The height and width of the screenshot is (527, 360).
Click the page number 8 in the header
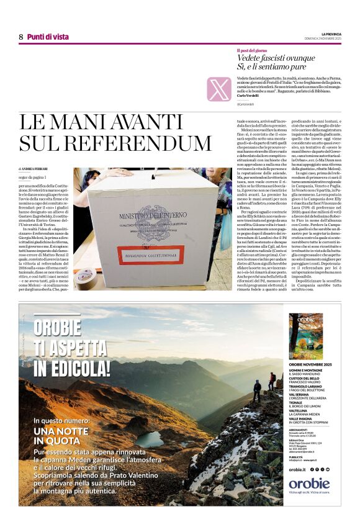point(21,37)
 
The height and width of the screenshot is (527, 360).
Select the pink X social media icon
point(219,89)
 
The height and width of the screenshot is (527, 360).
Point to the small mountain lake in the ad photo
point(150,438)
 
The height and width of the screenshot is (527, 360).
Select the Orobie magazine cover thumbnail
point(305,336)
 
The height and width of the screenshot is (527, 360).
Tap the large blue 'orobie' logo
point(309,484)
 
